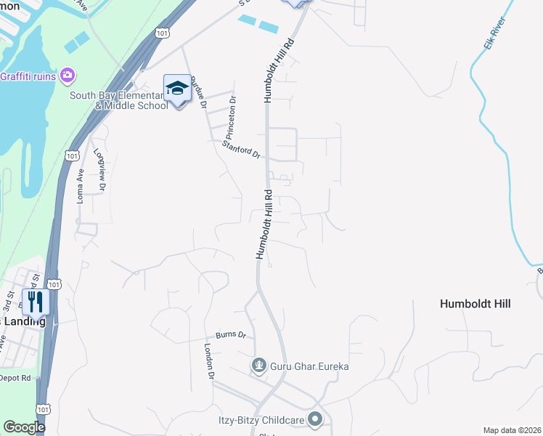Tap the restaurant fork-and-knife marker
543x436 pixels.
click(x=35, y=302)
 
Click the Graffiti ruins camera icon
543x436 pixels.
click(x=68, y=75)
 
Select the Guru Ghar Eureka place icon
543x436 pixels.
click(x=258, y=366)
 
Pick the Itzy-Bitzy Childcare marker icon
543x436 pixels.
click(x=315, y=419)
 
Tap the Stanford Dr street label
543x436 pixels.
click(x=242, y=148)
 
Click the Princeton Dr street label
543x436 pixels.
click(x=231, y=118)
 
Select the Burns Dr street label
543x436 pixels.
click(x=231, y=336)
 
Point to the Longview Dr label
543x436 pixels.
click(x=99, y=171)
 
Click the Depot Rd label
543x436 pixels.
click(x=15, y=378)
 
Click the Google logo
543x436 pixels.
click(x=24, y=427)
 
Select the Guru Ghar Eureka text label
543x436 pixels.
click(x=309, y=366)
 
